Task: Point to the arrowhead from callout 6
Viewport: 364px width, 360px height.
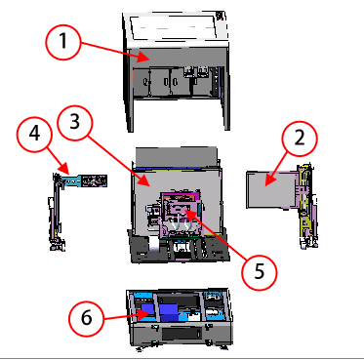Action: pos(144,312)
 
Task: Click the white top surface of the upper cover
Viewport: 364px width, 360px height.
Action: pos(176,27)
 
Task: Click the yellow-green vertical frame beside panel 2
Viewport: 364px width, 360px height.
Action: pos(306,205)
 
